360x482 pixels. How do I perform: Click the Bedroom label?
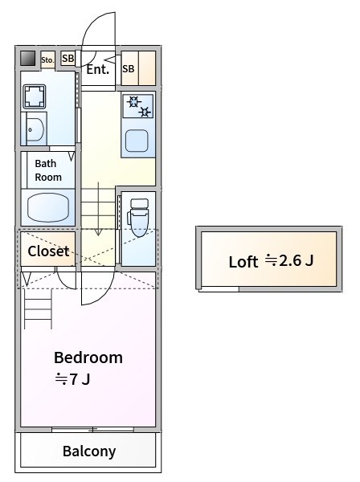pos(88,357)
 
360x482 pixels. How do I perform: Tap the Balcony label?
pos(89,451)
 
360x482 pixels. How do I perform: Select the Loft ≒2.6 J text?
pos(271,261)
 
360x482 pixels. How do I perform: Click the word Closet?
pos(48,251)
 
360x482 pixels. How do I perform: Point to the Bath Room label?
pos(48,170)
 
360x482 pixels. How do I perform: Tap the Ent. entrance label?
pos(98,69)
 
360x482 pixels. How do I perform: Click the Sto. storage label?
pos(47,60)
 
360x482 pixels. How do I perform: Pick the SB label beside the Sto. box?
pos(68,58)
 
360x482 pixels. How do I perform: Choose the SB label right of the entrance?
pos(129,69)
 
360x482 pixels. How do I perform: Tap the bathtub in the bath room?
pos(48,207)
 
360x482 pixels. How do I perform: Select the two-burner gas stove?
pos(138,106)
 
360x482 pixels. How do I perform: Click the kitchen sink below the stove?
pos(137,141)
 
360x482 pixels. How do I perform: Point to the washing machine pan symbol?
pos(35,97)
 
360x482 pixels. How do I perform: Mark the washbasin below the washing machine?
pos(34,129)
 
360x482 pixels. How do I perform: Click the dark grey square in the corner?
pos(27,58)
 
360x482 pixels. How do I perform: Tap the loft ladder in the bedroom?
pos(38,308)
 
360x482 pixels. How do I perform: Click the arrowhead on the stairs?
pos(98,232)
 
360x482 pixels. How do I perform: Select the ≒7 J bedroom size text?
pos(72,379)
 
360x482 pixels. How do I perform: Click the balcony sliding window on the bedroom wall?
pos(92,430)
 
